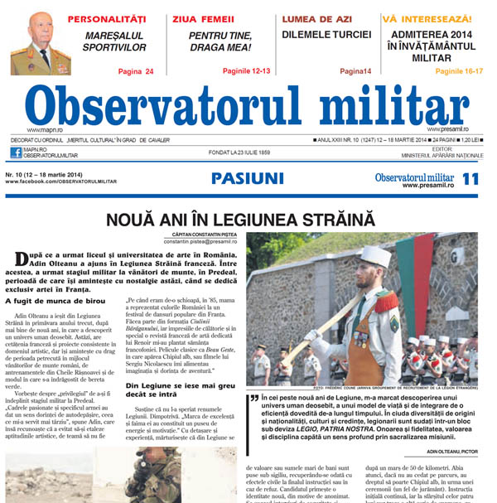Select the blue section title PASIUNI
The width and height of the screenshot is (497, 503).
(247, 178)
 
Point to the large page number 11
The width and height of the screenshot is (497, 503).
(470, 179)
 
